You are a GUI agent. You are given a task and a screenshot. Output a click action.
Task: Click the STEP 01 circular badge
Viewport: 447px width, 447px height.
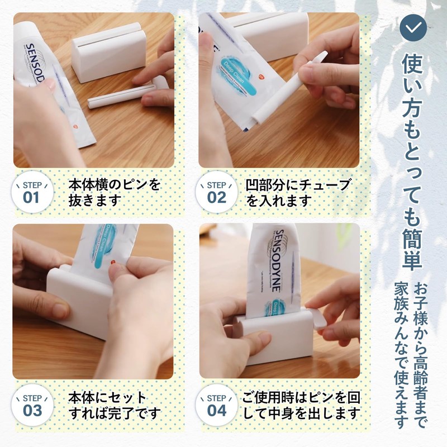point(32,192)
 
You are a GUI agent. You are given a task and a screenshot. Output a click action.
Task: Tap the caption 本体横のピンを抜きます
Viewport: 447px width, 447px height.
point(112,192)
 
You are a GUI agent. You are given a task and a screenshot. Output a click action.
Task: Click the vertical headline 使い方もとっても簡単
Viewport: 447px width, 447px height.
point(413,159)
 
